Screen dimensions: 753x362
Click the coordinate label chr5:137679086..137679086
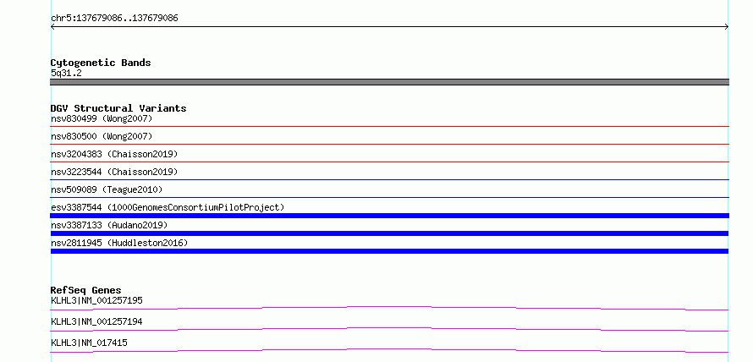[114, 19]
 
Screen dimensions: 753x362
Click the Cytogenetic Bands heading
[101, 63]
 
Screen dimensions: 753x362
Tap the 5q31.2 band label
[66, 73]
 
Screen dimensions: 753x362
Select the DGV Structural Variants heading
[118, 108]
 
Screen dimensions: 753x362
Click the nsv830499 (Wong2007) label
[102, 118]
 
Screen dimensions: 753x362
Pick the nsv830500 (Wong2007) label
[102, 136]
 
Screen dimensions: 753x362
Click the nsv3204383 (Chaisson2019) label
[114, 154]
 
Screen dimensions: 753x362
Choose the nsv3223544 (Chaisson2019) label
[114, 172]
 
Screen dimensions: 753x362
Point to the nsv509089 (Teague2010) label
[107, 189]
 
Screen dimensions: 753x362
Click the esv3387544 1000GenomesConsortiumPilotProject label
[168, 207]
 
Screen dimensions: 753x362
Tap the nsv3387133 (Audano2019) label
[109, 225]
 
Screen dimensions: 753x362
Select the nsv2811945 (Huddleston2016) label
[119, 243]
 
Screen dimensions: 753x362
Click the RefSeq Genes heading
[86, 290]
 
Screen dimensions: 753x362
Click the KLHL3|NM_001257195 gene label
[96, 300]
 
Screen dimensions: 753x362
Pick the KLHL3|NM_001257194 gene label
[96, 321]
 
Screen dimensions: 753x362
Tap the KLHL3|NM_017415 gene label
[89, 343]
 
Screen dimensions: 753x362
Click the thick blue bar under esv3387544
[389, 216]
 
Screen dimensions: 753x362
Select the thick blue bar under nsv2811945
[389, 251]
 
